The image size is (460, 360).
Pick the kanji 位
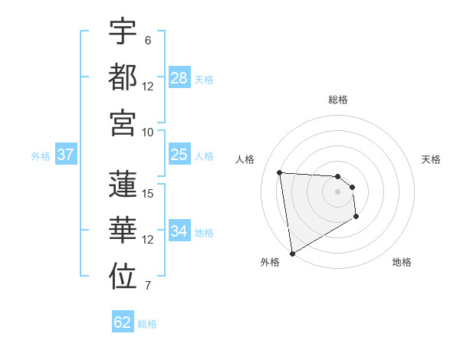(x=123, y=277)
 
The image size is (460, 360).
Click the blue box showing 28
(x=179, y=78)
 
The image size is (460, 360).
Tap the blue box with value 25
(x=179, y=155)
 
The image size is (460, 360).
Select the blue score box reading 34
(x=179, y=232)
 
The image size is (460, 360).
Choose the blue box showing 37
(x=65, y=155)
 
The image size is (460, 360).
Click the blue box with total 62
(x=123, y=322)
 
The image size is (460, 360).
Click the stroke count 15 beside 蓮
(x=149, y=193)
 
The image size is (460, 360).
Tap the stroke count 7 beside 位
(x=148, y=286)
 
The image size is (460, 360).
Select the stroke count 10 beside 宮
(x=149, y=131)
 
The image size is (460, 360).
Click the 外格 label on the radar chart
(x=270, y=262)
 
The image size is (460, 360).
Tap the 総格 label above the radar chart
(x=338, y=100)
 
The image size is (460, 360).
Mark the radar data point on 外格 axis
(x=292, y=253)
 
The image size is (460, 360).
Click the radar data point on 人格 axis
(x=280, y=172)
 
